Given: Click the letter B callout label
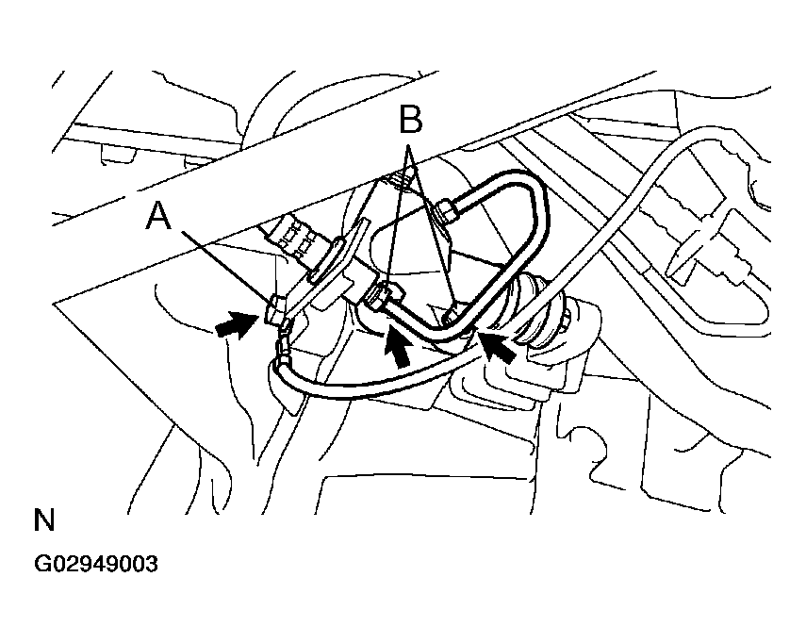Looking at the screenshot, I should [x=408, y=122].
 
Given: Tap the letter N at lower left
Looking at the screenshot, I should [x=43, y=519].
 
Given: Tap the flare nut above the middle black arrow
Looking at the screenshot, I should [x=378, y=298].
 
